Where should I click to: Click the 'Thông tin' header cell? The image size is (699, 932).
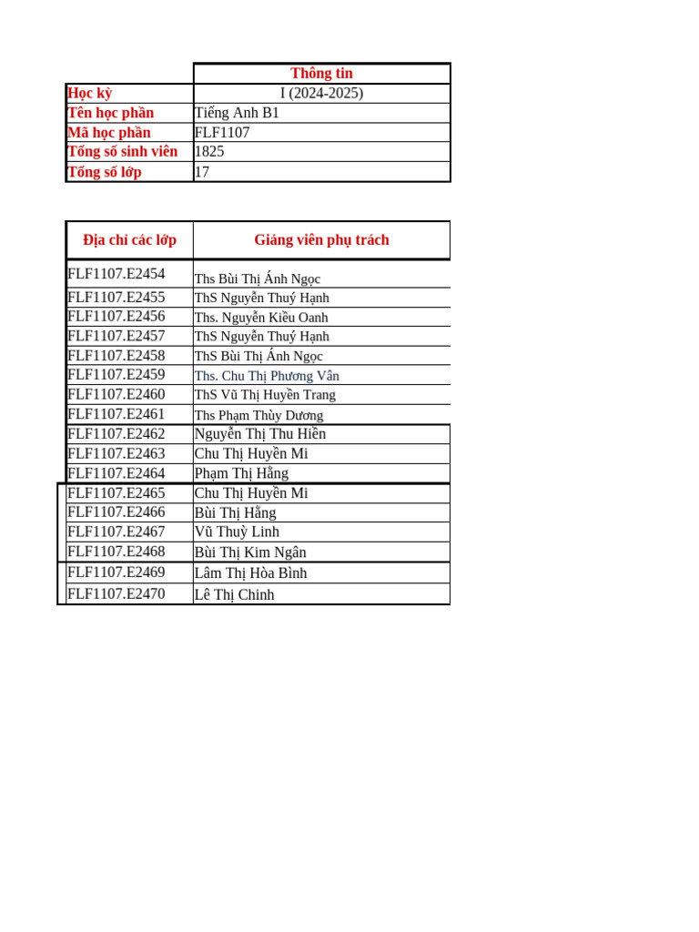(321, 74)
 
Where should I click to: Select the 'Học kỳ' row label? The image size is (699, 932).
(90, 93)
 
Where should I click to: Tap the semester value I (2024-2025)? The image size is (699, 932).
(321, 93)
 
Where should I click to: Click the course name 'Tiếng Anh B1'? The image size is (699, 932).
(237, 113)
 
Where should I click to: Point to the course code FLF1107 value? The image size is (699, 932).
(222, 133)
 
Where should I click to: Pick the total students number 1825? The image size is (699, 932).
(209, 152)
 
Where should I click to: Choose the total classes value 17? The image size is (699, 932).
(202, 172)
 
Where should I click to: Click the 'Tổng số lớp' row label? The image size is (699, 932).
(105, 172)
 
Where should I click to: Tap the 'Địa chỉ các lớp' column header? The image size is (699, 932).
(129, 240)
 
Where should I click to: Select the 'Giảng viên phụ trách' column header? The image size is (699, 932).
(321, 240)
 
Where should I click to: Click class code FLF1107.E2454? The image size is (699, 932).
(116, 274)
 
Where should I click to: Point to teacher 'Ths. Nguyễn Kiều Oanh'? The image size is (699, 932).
(261, 318)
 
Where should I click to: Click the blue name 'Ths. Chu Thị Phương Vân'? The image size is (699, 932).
(267, 376)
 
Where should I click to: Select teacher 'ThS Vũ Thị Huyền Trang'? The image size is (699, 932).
(265, 395)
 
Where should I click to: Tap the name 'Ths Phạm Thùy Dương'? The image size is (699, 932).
(258, 415)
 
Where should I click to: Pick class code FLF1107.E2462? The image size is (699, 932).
(116, 434)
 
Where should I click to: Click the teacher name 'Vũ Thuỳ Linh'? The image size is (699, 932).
(237, 532)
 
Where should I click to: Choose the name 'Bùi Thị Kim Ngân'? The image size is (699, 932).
(250, 552)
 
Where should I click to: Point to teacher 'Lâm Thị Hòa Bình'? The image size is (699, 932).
(250, 573)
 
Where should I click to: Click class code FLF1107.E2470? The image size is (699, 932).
(116, 594)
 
